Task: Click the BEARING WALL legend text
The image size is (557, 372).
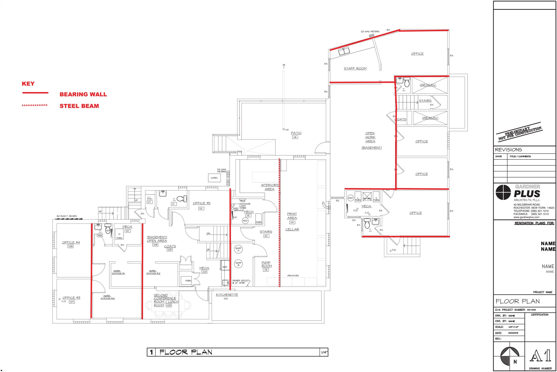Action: (83, 94)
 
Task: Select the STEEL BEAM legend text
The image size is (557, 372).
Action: (79, 106)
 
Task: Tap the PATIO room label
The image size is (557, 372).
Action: (296, 133)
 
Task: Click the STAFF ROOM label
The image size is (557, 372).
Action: (355, 69)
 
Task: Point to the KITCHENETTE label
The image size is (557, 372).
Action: (227, 295)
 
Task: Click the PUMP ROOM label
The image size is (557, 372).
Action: (266, 264)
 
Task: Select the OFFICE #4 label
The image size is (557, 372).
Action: (71, 242)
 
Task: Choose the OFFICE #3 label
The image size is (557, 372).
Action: (71, 298)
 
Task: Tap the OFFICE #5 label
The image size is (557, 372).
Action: (202, 203)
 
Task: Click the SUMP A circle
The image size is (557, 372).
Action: (238, 249)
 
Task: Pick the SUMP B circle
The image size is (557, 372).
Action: (238, 264)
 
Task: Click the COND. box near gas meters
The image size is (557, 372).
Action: (214, 178)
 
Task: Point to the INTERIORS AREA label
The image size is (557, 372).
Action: (270, 187)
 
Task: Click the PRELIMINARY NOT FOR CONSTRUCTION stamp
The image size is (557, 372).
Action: (519, 133)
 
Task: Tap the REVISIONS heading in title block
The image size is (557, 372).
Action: (508, 150)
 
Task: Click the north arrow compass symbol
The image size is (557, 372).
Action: (510, 355)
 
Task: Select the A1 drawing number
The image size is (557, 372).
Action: (541, 356)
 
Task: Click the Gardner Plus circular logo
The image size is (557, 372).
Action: (503, 192)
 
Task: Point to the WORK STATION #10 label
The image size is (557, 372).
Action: (108, 297)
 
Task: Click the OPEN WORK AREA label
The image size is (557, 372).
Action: (370, 137)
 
